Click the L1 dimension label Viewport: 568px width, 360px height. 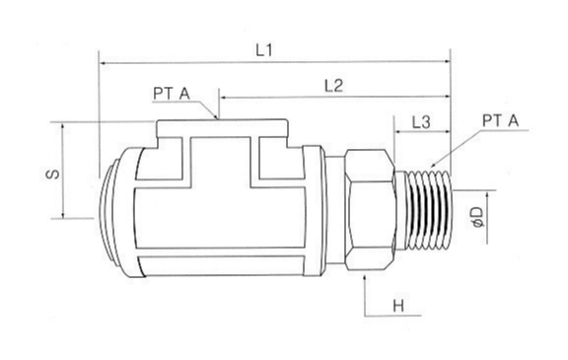click(263, 50)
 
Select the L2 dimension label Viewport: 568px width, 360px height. click(333, 86)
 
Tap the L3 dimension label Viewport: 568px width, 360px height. click(421, 122)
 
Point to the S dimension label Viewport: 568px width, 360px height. click(53, 174)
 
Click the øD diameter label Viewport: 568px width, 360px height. click(478, 217)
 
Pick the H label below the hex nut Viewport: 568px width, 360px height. click(398, 307)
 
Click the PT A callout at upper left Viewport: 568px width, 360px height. click(172, 94)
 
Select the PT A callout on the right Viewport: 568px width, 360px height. click(500, 120)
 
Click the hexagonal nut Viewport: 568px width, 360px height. click(369, 210)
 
